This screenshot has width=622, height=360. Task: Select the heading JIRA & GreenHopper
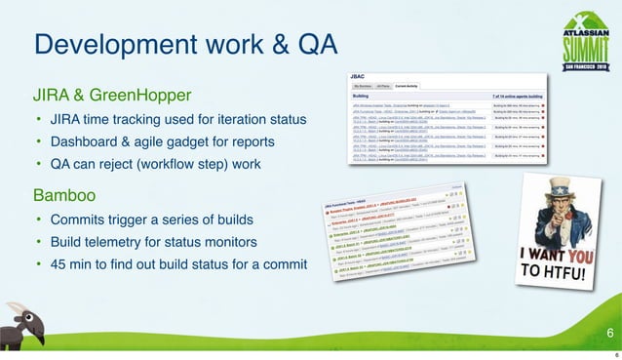click(x=112, y=96)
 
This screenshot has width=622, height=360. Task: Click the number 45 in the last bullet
click(x=60, y=262)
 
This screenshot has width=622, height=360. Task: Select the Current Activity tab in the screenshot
click(x=422, y=89)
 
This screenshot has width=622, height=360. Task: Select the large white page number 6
click(x=609, y=335)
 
